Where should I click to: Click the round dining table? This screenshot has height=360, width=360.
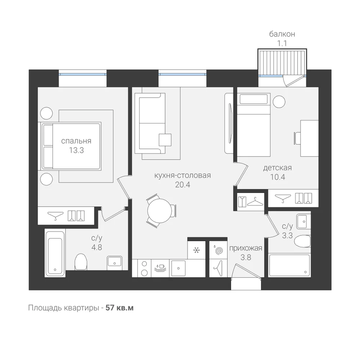point(159,211)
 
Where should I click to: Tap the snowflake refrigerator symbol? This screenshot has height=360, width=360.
point(196,250)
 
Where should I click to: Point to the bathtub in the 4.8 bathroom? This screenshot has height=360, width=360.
point(55,253)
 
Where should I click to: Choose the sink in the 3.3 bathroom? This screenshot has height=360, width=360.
point(303,221)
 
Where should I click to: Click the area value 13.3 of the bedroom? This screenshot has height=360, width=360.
point(76,150)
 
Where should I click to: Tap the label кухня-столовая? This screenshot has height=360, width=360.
point(183,175)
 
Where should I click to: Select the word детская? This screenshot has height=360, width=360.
point(277,168)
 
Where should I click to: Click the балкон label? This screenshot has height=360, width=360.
point(282,34)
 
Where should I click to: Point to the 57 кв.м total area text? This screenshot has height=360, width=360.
point(120,308)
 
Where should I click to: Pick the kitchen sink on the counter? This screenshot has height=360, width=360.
point(179,268)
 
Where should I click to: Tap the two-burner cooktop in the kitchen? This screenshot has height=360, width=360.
point(144,268)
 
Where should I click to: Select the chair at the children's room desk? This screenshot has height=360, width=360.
point(297,138)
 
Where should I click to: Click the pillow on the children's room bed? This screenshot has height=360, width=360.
point(253,99)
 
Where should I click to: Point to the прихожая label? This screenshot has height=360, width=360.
point(246,248)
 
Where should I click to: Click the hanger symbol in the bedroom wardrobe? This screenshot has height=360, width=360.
point(55,216)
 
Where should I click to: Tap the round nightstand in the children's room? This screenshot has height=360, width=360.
point(279,102)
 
